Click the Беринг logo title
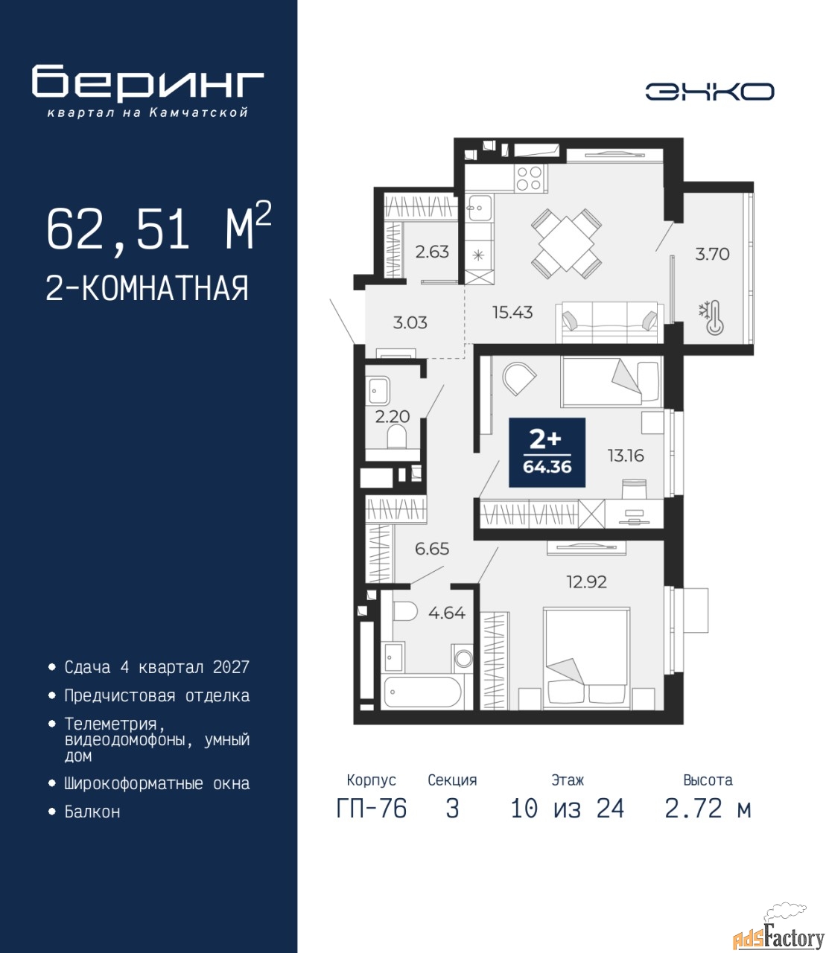click(x=147, y=81)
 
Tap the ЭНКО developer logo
click(x=709, y=92)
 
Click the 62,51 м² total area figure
click(x=159, y=228)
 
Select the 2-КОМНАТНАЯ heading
click(x=147, y=288)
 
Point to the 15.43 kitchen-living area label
click(x=512, y=313)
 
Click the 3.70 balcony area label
click(x=712, y=254)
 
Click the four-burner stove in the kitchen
click(x=529, y=178)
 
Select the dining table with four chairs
click(x=566, y=243)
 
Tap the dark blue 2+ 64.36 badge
click(x=547, y=452)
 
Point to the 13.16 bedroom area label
click(x=626, y=456)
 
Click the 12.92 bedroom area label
click(x=587, y=581)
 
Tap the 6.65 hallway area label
click(x=432, y=549)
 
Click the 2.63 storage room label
click(x=432, y=252)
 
